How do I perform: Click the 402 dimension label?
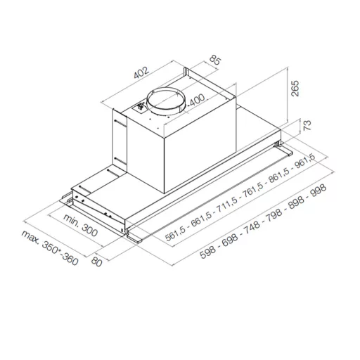141,72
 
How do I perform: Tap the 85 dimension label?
215,60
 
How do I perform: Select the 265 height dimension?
295,89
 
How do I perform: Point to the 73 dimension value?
307,125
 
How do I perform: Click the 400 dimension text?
197,100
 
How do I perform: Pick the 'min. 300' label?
80,225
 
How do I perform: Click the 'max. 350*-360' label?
50,248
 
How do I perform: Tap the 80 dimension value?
96,262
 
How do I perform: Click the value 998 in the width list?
318,191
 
